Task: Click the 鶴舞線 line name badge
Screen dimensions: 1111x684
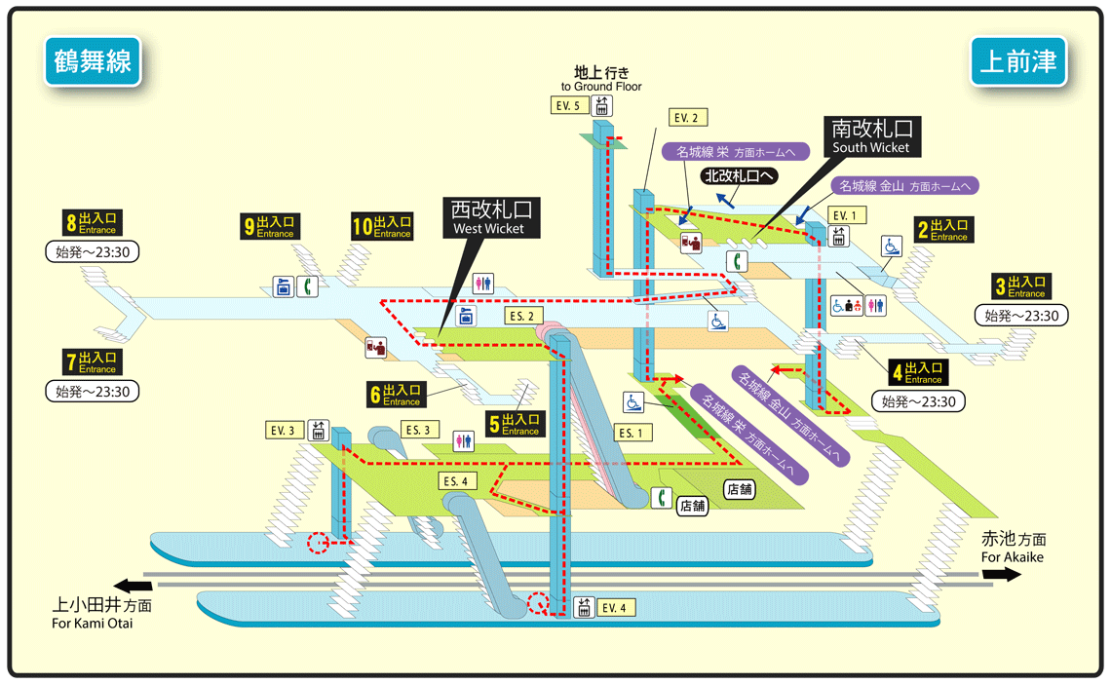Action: [93, 61]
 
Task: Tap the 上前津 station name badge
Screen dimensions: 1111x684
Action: [1018, 61]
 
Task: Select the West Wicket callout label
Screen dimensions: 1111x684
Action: [491, 217]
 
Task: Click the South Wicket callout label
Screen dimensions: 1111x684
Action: [871, 136]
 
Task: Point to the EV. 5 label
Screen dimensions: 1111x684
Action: [569, 105]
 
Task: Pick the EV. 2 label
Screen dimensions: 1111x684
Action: [687, 118]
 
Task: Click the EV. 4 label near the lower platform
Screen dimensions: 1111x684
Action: [615, 608]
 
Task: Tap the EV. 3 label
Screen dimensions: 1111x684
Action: [285, 431]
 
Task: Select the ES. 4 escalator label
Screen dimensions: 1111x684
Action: [457, 481]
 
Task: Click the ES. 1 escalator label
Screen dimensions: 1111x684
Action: [632, 433]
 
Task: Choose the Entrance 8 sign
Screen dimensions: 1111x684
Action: [93, 223]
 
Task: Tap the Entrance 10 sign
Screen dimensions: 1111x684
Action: [383, 227]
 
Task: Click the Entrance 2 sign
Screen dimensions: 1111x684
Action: [943, 229]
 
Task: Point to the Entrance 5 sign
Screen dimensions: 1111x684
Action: [516, 424]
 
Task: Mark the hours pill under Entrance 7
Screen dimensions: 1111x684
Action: [93, 391]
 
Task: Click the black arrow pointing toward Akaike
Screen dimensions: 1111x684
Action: [1001, 574]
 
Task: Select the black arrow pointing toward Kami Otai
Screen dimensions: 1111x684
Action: [133, 586]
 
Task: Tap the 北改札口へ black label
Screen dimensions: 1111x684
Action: [739, 176]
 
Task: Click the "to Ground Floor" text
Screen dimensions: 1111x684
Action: [601, 87]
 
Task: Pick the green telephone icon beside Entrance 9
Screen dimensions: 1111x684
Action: [307, 286]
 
